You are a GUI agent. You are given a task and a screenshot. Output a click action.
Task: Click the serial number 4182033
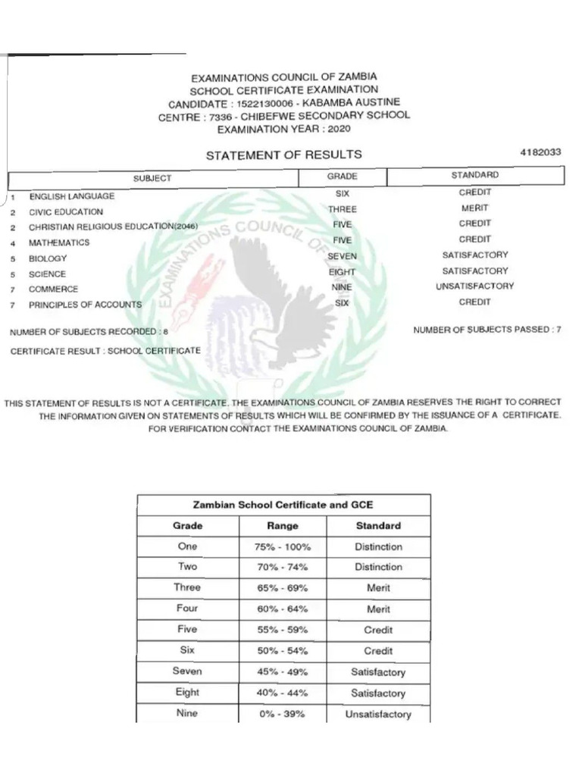(540, 152)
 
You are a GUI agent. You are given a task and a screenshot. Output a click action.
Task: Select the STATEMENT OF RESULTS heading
(284, 155)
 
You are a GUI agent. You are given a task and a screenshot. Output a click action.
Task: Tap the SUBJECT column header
(152, 178)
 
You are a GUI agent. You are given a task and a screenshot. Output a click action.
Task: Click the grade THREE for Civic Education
(343, 209)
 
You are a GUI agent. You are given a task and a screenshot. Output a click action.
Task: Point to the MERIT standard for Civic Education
(475, 208)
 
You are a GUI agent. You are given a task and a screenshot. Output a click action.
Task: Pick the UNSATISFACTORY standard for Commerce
(475, 286)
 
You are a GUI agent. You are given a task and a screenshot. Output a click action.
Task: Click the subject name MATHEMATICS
(59, 243)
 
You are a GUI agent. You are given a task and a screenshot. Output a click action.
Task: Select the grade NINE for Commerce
(343, 289)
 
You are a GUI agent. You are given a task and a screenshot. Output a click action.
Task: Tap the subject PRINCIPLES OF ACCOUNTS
(85, 305)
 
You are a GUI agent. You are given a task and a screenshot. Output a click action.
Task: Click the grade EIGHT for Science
(343, 272)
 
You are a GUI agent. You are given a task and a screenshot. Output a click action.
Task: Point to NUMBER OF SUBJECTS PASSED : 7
(487, 330)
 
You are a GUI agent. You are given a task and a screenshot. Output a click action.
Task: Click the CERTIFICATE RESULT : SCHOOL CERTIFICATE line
(105, 351)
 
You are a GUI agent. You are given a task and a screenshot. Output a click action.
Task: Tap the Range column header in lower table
(283, 526)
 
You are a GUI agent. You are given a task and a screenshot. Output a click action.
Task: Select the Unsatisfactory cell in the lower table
(378, 714)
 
